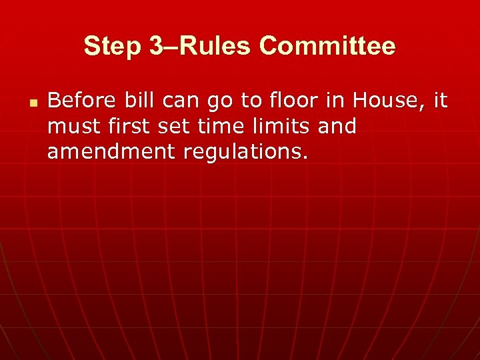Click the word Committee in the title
tap(327, 47)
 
